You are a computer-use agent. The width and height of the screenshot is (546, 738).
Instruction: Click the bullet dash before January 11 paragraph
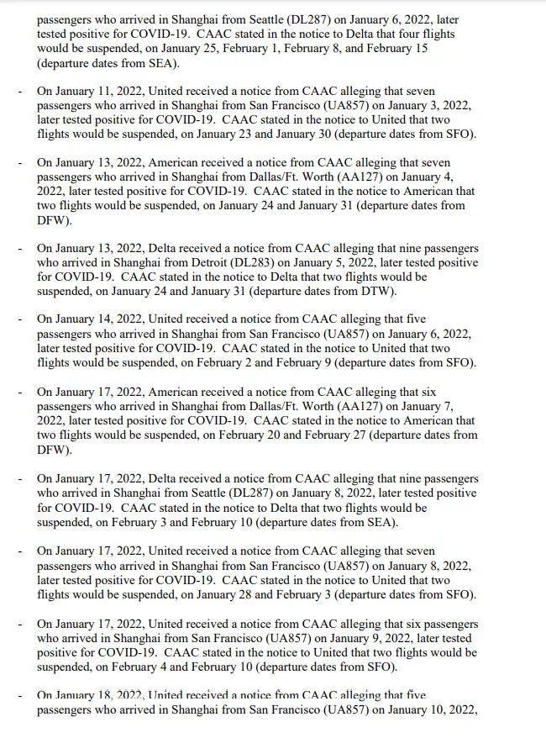coord(21,91)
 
